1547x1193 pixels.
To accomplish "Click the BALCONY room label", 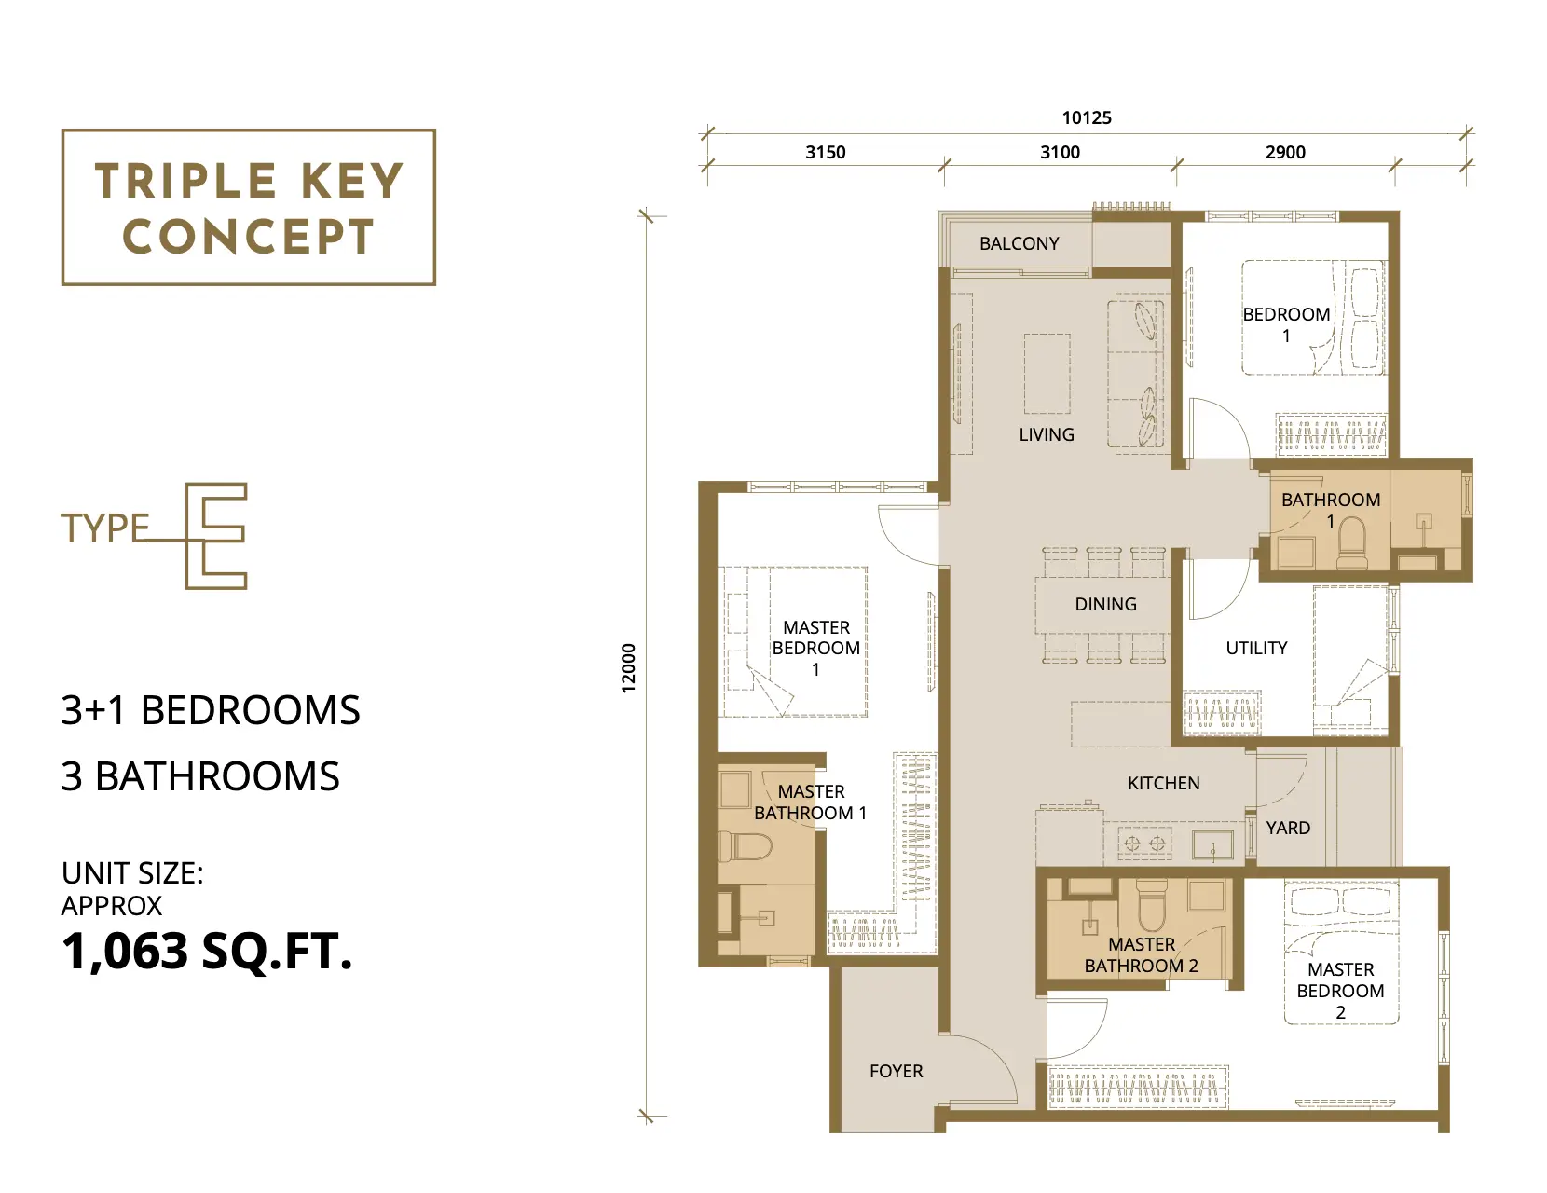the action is pos(1019,243).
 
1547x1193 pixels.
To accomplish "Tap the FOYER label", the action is pos(896,1071).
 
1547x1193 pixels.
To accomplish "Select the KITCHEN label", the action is pos(1163,783).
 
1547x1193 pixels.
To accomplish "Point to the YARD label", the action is pos(1288,828).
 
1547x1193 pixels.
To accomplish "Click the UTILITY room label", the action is pos(1256,648).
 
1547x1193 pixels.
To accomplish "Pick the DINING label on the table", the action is pos(1105,604).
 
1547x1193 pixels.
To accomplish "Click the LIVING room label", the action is pos(1047,434).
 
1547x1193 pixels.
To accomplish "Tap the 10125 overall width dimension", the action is pos(1087,118).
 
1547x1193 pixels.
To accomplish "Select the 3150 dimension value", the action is pos(825,152).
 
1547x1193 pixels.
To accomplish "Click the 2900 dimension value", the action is pos(1285,152).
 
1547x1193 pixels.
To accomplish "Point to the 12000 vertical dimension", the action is pos(628,667).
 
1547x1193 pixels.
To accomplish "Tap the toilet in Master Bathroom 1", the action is pos(744,846).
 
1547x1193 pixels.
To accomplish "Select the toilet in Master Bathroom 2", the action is pos(1151,904).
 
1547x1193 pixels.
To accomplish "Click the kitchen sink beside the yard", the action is pos(1212,845).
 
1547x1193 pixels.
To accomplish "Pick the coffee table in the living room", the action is pos(1047,374).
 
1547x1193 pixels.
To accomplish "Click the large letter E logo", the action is pos(216,536).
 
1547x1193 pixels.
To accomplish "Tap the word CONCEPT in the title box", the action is pos(248,237).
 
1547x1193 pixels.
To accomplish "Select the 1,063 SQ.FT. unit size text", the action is pos(207,951).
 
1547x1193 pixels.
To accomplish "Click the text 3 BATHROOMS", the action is pos(200,775).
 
